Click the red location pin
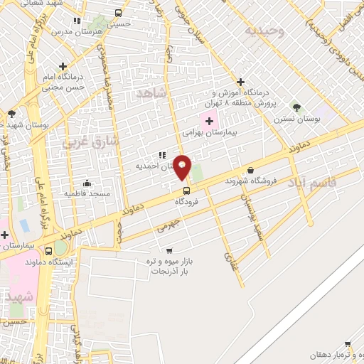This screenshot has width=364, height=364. tap(183, 167)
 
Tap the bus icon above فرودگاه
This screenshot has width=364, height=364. tap(187, 191)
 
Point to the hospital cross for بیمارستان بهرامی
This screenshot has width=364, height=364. tap(208, 122)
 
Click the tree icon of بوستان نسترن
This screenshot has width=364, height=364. tap(296, 107)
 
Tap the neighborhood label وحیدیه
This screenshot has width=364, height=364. tap(264, 31)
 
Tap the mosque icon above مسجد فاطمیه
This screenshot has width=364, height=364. tap(87, 183)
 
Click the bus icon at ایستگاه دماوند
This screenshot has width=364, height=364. tap(49, 251)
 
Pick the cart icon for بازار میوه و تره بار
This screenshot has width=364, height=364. tap(168, 250)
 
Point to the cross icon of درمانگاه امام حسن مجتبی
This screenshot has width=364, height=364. tap(63, 65)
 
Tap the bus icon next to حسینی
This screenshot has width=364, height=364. tap(117, 13)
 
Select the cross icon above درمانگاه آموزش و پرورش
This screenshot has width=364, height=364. tap(240, 82)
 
